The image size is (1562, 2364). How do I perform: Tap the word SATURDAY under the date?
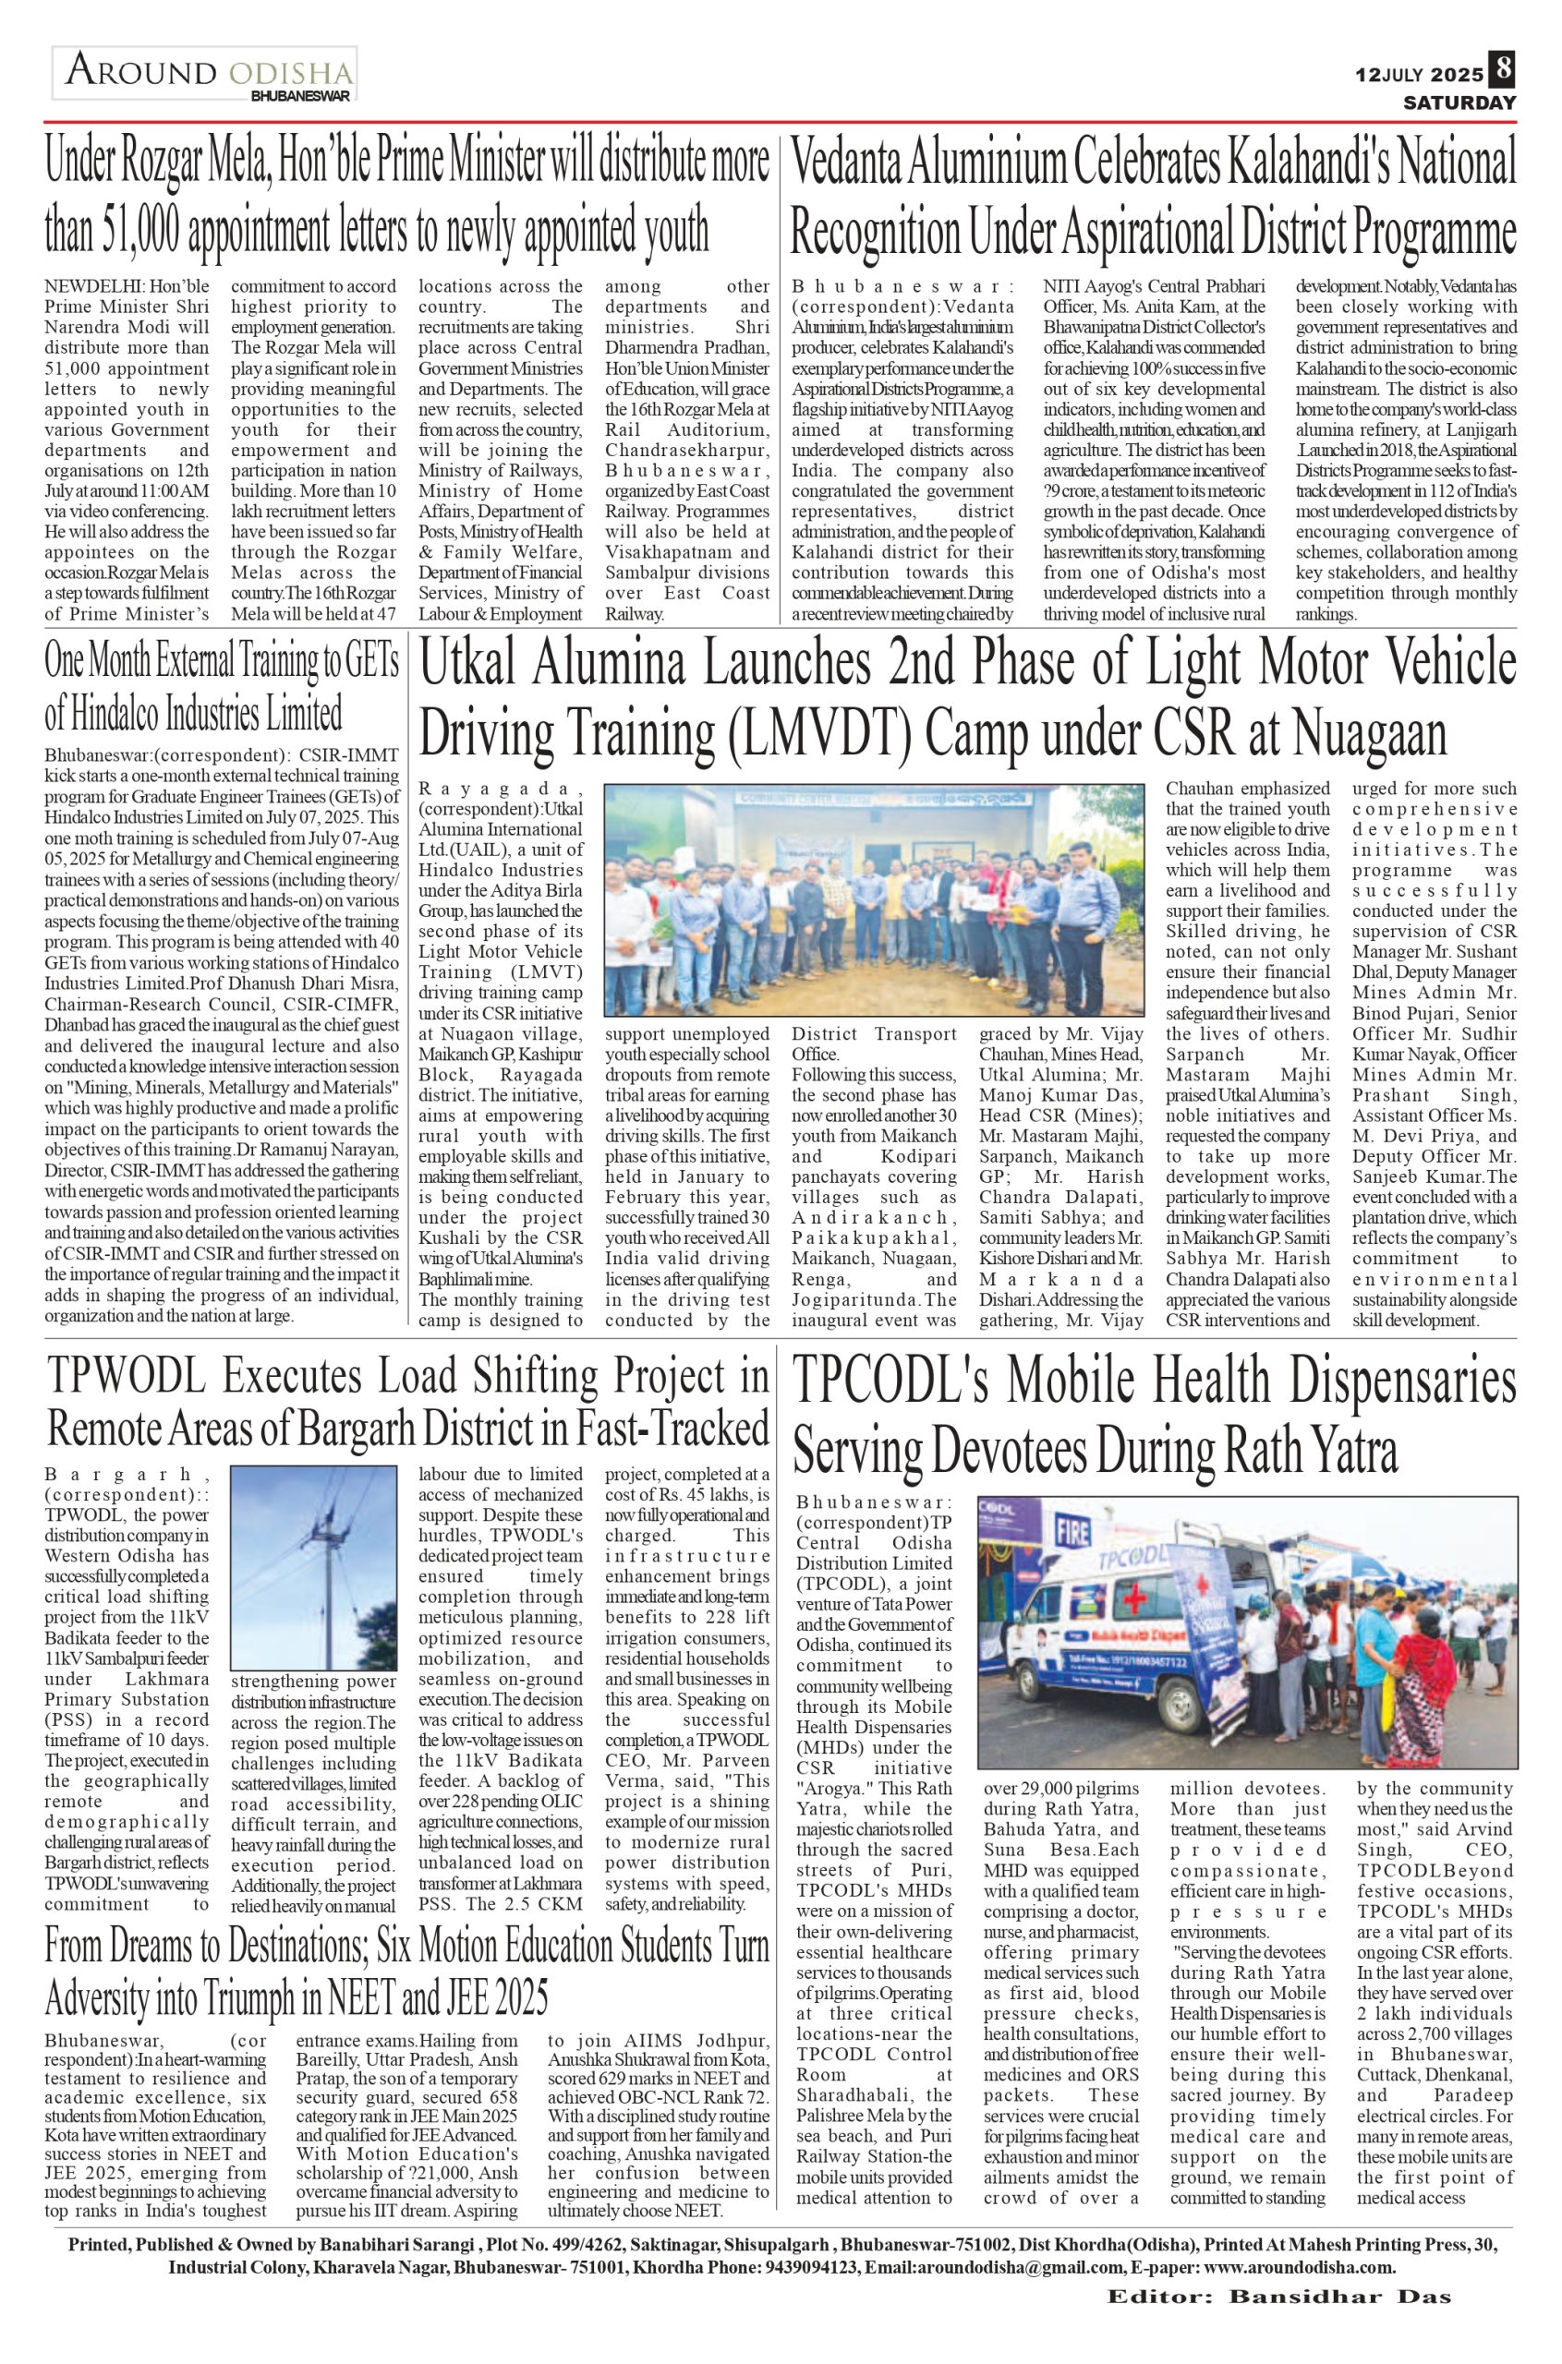point(1459,103)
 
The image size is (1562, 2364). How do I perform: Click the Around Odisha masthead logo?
point(205,76)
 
